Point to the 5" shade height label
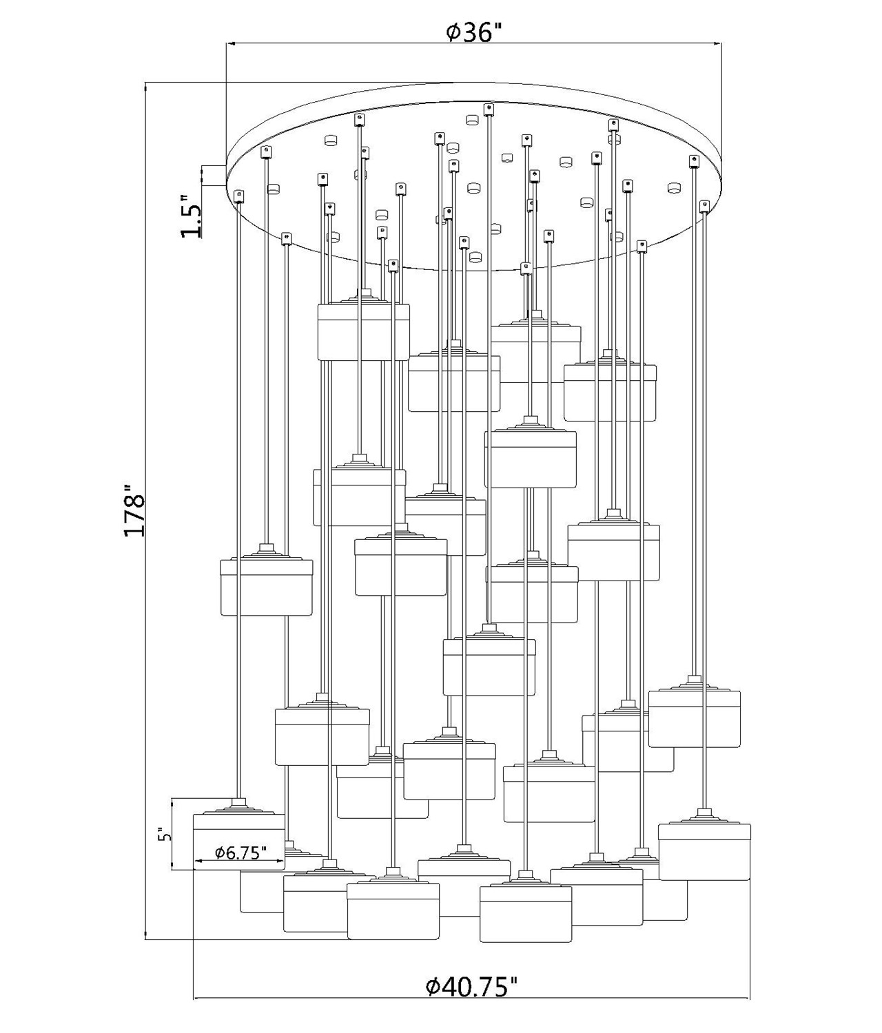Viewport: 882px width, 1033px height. click(163, 835)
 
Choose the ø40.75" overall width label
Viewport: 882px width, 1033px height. click(471, 987)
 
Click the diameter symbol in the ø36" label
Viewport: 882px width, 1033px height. click(453, 32)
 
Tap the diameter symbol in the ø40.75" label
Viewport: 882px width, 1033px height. click(433, 988)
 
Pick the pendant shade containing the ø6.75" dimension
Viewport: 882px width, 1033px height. click(238, 841)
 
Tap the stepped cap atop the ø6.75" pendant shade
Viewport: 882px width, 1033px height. click(238, 806)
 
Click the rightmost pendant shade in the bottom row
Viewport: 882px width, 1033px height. click(704, 851)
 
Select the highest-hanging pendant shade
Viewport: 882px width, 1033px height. click(363, 331)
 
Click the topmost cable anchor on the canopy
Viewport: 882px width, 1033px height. click(489, 108)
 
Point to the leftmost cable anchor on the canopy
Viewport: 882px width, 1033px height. click(239, 196)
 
